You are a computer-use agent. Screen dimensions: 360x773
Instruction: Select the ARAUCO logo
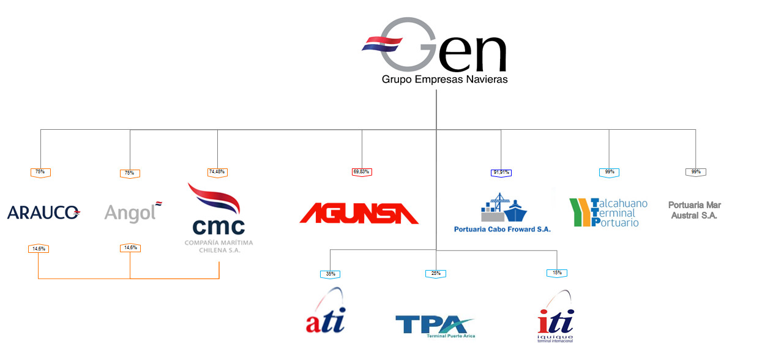click(x=43, y=212)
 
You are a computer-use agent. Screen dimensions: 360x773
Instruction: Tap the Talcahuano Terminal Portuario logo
click(x=608, y=212)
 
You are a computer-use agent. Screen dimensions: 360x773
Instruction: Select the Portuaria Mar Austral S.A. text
click(x=695, y=210)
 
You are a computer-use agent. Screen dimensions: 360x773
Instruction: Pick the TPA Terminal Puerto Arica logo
click(x=435, y=325)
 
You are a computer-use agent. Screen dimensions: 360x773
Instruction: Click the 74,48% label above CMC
click(x=217, y=172)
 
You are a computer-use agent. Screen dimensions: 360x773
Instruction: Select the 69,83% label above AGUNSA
click(x=362, y=172)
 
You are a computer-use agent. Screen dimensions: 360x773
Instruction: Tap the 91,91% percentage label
click(x=501, y=173)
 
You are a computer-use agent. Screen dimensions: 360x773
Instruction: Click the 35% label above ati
click(x=330, y=273)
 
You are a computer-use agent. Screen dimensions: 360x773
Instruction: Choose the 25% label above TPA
click(x=436, y=273)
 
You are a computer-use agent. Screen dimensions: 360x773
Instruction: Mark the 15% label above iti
click(x=556, y=272)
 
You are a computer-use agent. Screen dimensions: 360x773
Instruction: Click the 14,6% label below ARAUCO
click(x=39, y=249)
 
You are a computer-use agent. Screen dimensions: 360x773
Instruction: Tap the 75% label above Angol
click(x=130, y=173)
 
